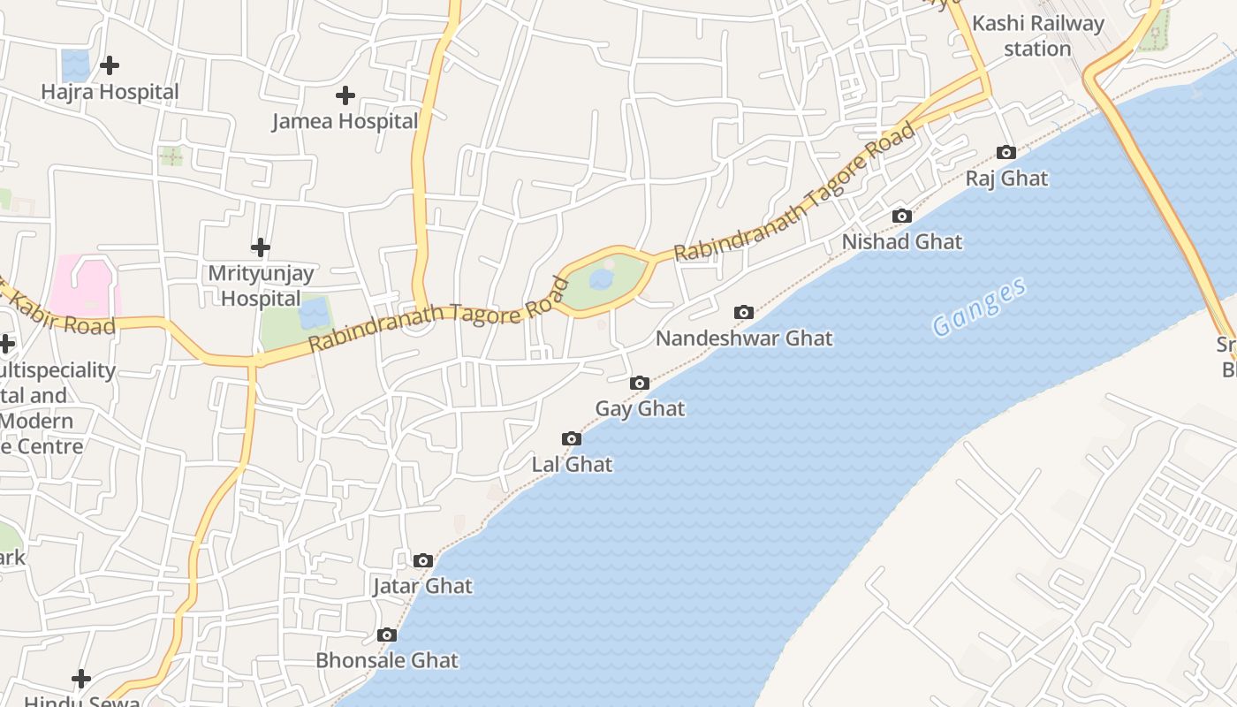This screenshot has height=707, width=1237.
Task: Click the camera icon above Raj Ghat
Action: (x=1006, y=153)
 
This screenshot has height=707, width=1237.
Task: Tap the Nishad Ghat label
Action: (x=901, y=241)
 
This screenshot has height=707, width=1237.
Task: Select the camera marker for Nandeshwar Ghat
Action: (x=744, y=312)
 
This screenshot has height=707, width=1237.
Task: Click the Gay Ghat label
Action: (x=640, y=408)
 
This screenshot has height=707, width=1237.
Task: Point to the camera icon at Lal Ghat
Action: (x=572, y=438)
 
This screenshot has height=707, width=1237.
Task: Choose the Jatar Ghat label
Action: (x=422, y=586)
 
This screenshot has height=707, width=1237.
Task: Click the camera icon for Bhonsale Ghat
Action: (x=386, y=635)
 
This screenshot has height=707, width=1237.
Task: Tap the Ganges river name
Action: (x=980, y=307)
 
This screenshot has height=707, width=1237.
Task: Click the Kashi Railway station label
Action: (x=1038, y=36)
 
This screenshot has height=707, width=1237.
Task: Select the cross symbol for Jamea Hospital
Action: (x=345, y=95)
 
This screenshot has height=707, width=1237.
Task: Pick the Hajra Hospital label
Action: (x=110, y=91)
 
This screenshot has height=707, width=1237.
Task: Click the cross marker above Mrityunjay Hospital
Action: (x=260, y=247)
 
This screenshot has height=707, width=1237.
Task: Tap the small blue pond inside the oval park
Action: (x=601, y=280)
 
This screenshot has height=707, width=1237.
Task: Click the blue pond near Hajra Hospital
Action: (x=75, y=65)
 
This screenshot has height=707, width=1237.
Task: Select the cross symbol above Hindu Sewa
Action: (x=81, y=679)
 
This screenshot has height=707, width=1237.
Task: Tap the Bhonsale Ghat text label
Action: (x=387, y=660)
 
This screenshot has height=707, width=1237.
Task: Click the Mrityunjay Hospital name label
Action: (x=261, y=285)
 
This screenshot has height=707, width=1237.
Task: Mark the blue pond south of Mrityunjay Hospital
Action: (x=314, y=314)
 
